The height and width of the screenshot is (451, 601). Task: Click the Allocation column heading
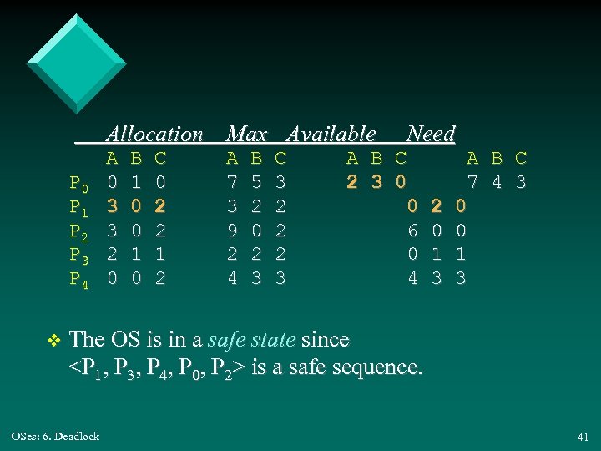(x=154, y=134)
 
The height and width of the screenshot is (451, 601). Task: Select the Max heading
(x=247, y=134)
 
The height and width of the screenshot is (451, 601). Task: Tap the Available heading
(x=331, y=134)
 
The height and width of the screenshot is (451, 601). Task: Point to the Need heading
(x=431, y=134)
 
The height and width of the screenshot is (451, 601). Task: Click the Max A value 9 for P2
(x=233, y=230)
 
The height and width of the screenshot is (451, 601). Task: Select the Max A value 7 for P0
(x=233, y=181)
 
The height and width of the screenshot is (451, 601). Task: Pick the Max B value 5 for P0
(x=257, y=181)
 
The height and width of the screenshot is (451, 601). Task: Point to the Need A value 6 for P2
(x=412, y=230)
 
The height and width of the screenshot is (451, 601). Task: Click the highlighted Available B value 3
(x=376, y=181)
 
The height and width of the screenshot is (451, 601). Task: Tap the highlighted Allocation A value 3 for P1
(x=113, y=205)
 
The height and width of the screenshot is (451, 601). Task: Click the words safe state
(x=250, y=340)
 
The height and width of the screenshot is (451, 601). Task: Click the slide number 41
(x=582, y=437)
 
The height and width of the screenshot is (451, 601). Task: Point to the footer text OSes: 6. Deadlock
(x=56, y=436)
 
